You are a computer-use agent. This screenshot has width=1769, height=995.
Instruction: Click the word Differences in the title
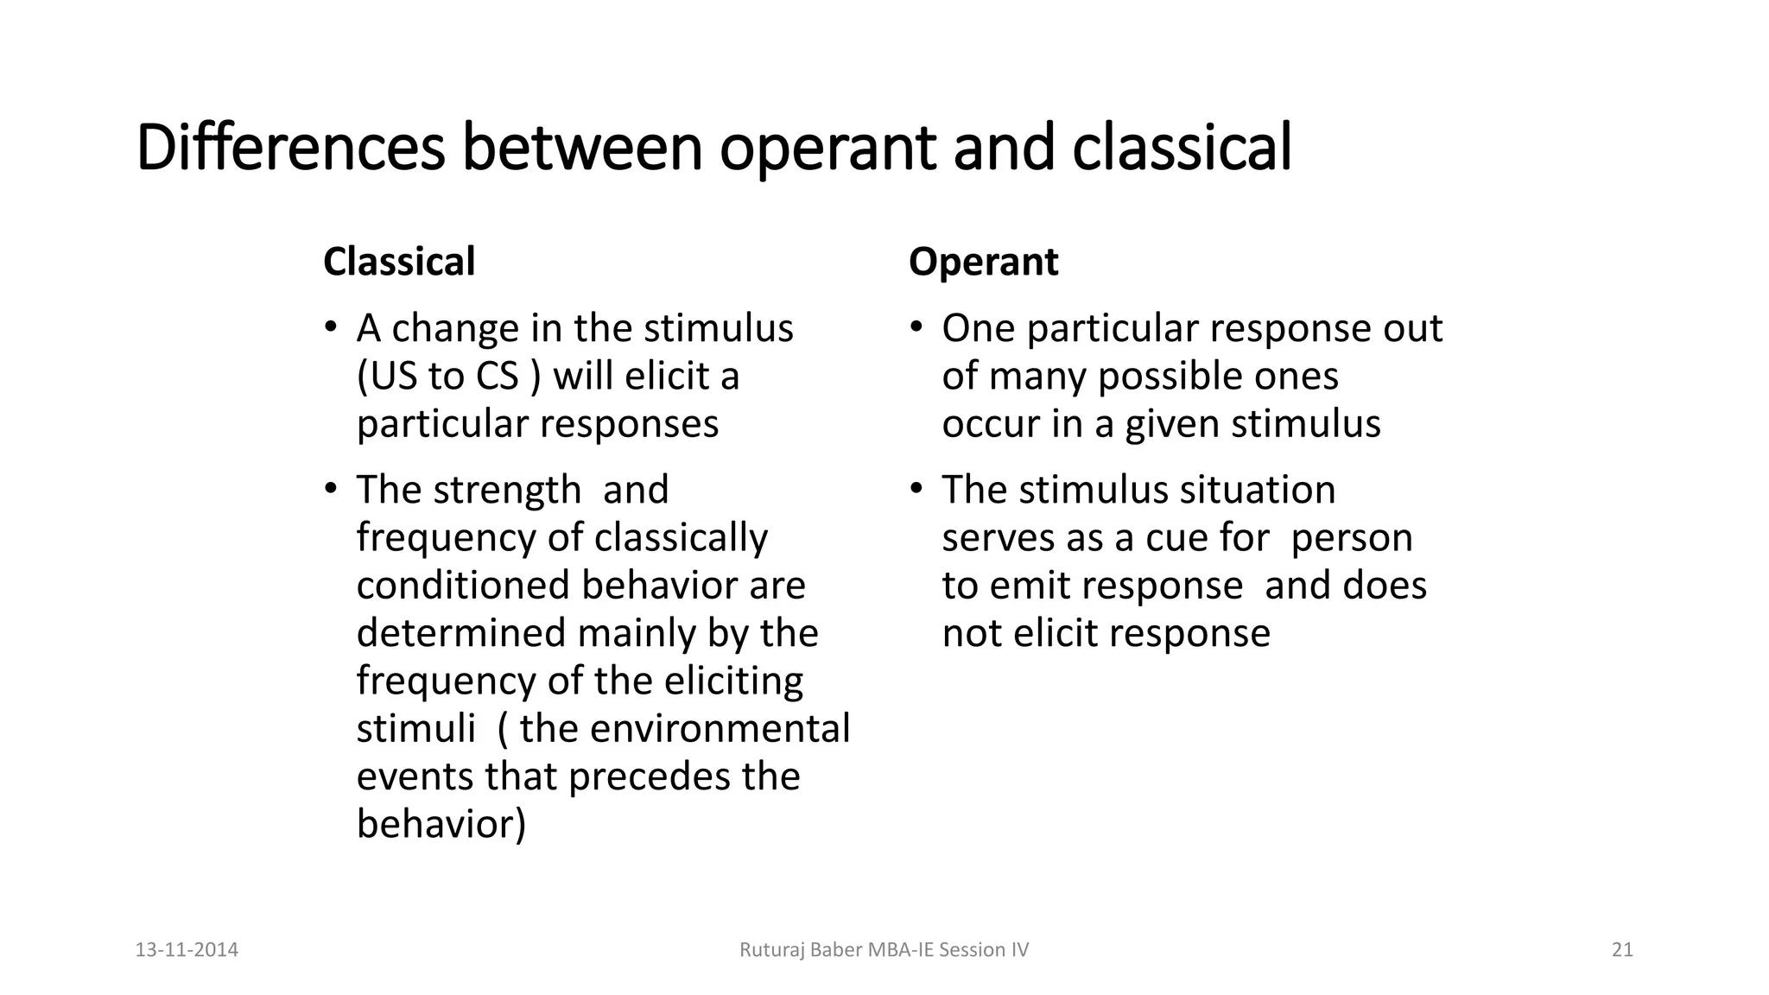290,147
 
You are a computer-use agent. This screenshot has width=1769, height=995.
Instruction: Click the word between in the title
583,147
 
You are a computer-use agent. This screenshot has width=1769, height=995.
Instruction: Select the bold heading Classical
399,262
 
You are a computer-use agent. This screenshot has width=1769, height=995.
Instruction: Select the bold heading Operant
983,262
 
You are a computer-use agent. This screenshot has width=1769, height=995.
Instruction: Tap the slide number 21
1622,950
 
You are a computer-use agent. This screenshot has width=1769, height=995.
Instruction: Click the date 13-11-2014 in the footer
187,950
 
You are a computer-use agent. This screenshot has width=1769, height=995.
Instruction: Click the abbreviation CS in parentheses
497,377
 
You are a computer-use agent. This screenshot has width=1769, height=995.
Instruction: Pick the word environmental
720,728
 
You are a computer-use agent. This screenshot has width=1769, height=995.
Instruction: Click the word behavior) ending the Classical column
441,824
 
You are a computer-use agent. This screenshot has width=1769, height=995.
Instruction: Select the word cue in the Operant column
1176,538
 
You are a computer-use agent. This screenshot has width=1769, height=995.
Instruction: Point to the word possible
1167,377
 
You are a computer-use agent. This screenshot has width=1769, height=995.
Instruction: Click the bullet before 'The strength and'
330,488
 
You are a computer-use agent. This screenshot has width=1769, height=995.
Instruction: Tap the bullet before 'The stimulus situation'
916,488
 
